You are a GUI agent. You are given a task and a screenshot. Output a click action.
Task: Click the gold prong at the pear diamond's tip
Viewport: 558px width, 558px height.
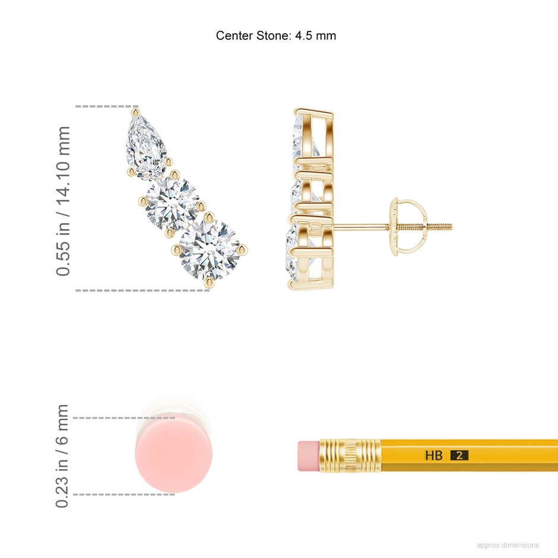(x=135, y=113)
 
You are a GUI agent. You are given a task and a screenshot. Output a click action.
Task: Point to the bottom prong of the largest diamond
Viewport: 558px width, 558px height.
(x=209, y=283)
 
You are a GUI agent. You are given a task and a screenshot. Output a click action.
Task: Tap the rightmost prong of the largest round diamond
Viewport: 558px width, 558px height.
(x=243, y=250)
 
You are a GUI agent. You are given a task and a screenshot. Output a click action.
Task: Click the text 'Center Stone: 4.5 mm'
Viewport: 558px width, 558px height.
(x=276, y=36)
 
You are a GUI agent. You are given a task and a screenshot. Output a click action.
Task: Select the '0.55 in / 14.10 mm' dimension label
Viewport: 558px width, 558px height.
(x=63, y=201)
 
